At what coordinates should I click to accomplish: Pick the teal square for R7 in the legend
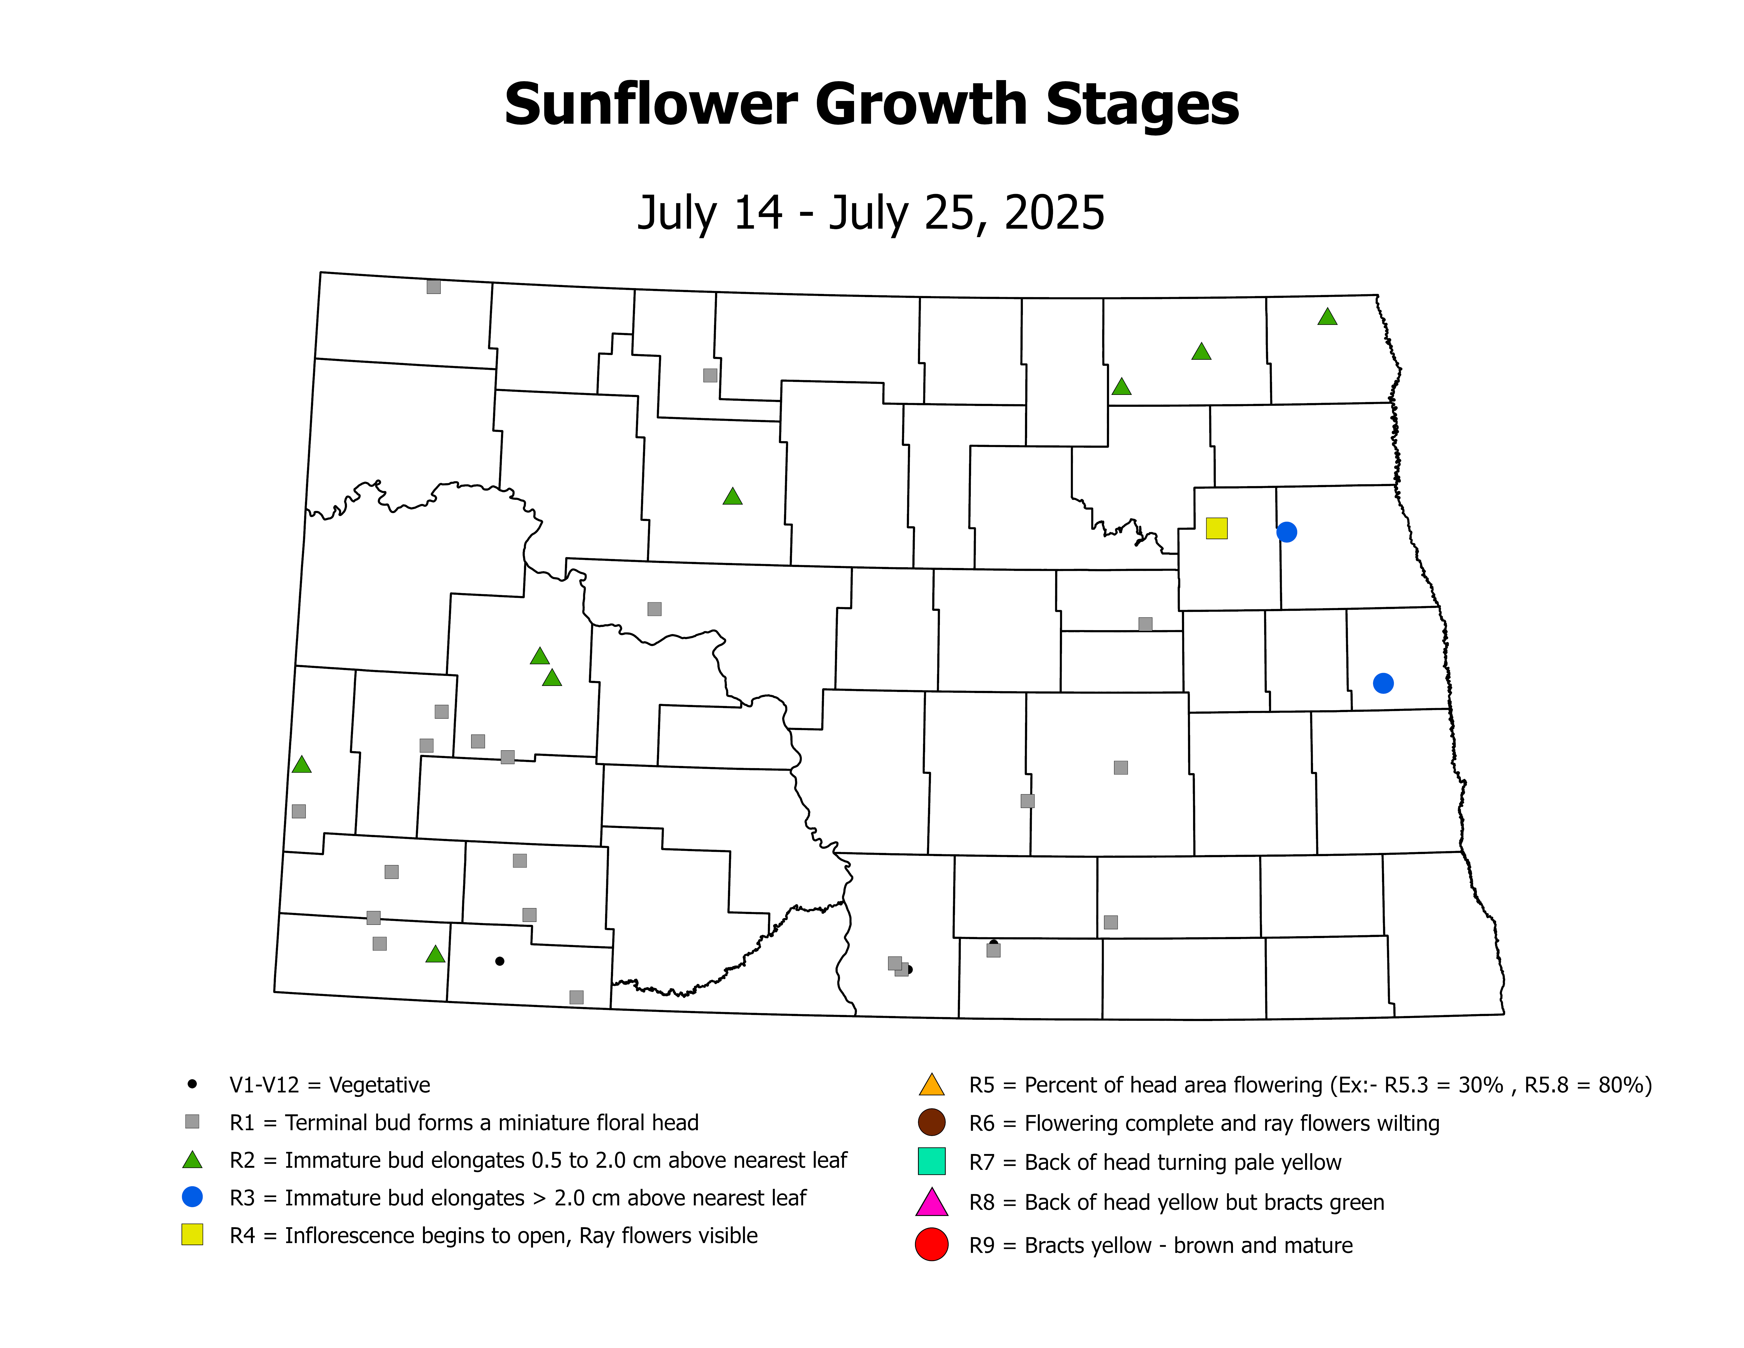coord(931,1161)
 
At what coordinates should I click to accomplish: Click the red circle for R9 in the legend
coord(931,1244)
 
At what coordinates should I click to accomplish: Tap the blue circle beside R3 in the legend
coord(192,1196)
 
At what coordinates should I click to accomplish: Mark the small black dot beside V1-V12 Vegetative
coord(192,1084)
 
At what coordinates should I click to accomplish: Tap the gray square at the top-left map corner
coord(434,287)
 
